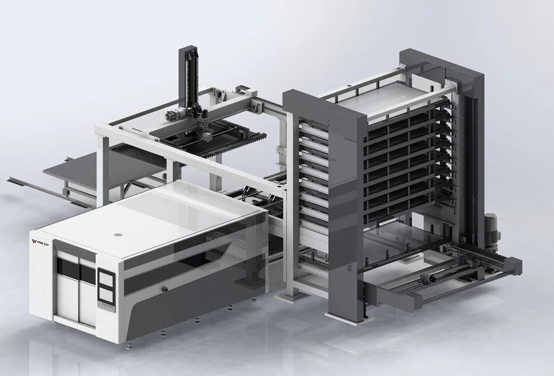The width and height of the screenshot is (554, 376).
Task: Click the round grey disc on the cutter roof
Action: [118, 235]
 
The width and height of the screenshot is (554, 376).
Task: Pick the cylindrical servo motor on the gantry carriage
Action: [171, 115]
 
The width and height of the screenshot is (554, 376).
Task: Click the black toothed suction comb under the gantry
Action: [133, 150]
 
